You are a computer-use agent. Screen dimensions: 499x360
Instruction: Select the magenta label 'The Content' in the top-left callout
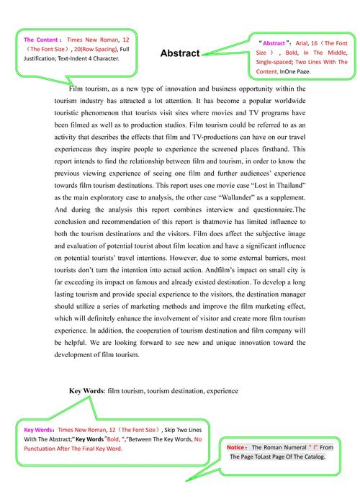(40, 40)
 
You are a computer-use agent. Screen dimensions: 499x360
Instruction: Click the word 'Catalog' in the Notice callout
(310, 457)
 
